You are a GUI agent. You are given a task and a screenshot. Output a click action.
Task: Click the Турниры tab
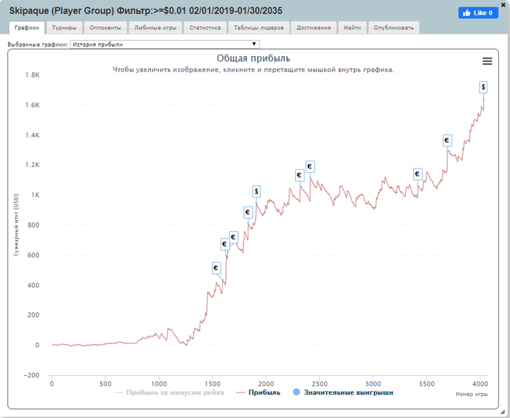pyautogui.click(x=64, y=28)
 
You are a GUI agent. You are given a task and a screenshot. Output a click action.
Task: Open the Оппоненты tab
pyautogui.click(x=105, y=28)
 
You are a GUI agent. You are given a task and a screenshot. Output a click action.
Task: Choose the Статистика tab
pyautogui.click(x=204, y=28)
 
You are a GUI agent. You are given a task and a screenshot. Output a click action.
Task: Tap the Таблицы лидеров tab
pyautogui.click(x=259, y=28)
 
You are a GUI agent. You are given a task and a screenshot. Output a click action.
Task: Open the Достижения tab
pyautogui.click(x=314, y=28)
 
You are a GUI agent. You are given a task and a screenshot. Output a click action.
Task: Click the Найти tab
pyautogui.click(x=351, y=28)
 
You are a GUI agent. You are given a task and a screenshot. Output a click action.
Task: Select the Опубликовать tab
pyautogui.click(x=393, y=28)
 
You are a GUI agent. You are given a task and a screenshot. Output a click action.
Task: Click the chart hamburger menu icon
pyautogui.click(x=487, y=61)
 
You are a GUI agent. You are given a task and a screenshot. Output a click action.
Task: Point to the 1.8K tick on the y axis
pyautogui.click(x=32, y=75)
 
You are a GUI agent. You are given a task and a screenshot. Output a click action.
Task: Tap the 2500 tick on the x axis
pyautogui.click(x=319, y=384)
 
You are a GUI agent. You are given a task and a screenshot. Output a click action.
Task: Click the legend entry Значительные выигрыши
pyautogui.click(x=342, y=392)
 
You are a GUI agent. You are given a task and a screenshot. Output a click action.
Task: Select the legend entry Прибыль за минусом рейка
pyautogui.click(x=170, y=392)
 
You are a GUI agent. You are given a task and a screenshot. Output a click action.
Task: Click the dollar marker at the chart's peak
pyautogui.click(x=484, y=87)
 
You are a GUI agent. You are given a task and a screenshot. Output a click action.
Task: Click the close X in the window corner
pyautogui.click(x=503, y=4)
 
